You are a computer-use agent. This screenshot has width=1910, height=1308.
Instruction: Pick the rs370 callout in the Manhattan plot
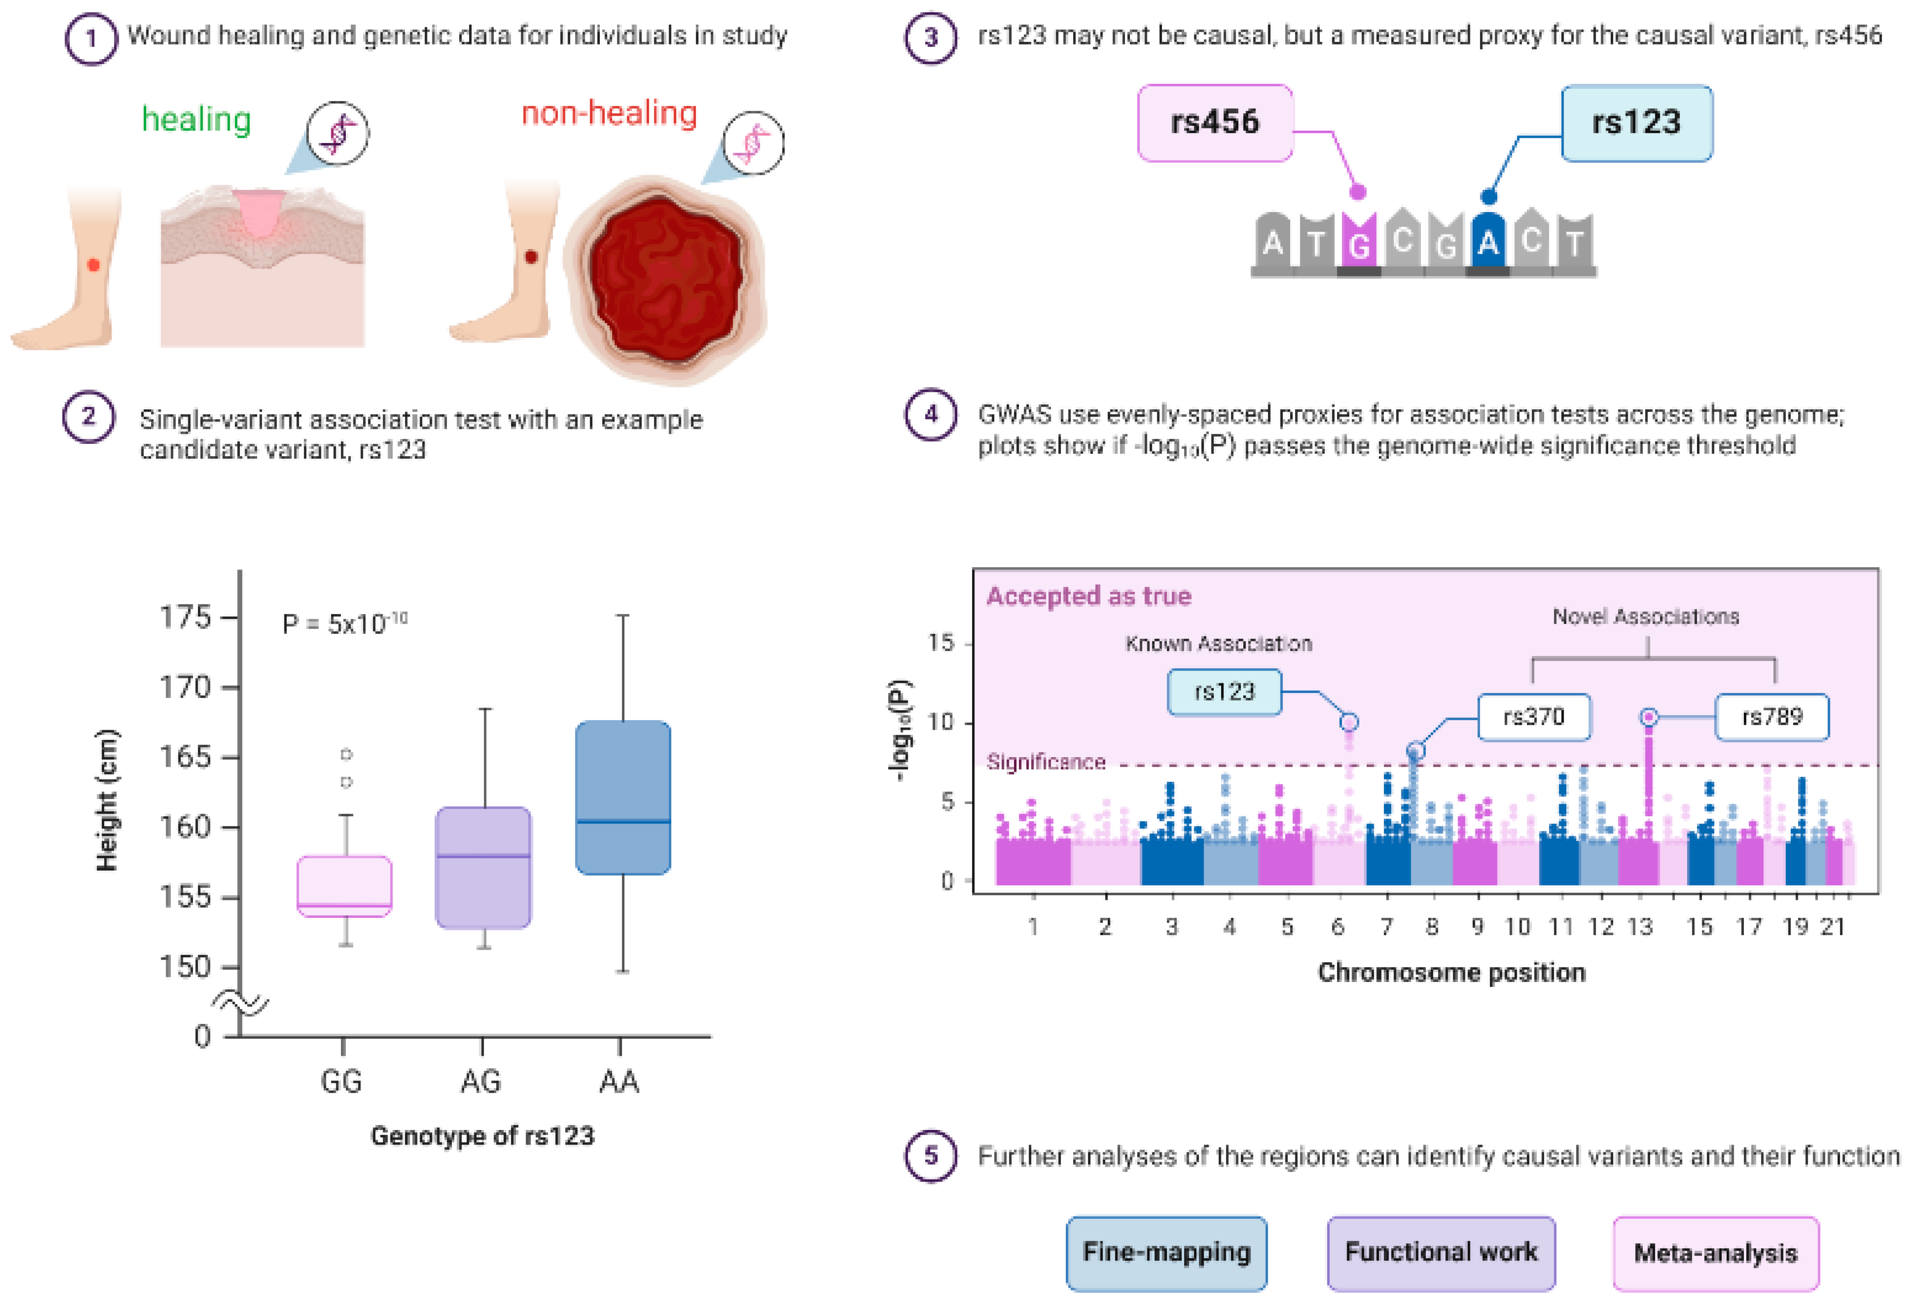coord(1534,717)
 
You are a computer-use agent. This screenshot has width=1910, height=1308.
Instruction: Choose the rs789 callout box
coord(1772,717)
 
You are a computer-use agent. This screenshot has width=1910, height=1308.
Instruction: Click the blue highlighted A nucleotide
coord(1488,243)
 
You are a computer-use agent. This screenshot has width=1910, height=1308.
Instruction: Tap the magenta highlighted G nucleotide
coord(1359,243)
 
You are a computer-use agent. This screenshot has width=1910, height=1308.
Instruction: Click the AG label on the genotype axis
coord(481,1081)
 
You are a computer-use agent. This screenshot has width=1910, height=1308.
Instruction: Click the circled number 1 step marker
coord(91,38)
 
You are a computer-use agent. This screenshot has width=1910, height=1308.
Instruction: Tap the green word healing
coord(197,120)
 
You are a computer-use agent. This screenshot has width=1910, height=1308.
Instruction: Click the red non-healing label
coord(609,113)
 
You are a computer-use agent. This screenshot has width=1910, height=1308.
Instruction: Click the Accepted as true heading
coord(1088,596)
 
